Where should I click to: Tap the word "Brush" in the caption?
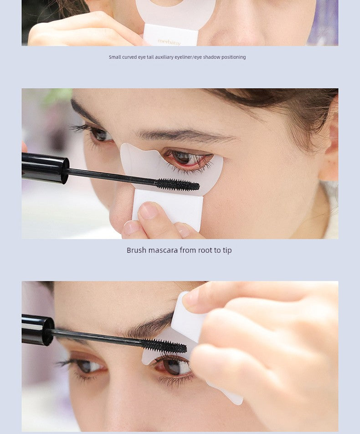[136, 250]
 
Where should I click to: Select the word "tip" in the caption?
[227, 250]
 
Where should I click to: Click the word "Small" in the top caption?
[115, 57]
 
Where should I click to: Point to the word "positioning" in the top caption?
[234, 57]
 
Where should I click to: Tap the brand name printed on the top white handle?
[169, 41]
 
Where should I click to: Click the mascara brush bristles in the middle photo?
[178, 184]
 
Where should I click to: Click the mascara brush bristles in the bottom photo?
[164, 346]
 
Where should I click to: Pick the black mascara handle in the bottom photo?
[37, 330]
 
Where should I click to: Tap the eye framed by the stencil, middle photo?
[187, 158]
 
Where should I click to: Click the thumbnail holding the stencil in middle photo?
[148, 210]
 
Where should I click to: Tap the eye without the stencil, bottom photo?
[87, 366]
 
